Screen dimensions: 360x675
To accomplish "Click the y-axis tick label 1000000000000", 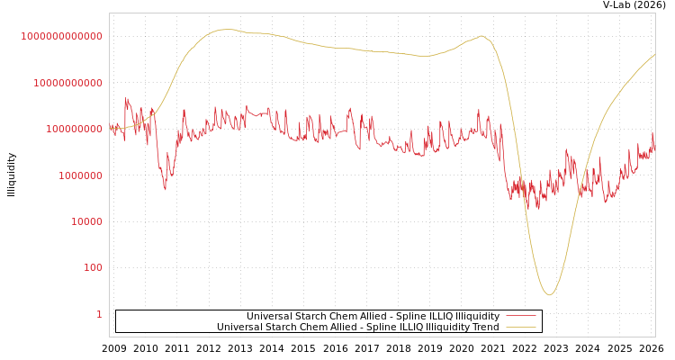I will (x=61, y=36).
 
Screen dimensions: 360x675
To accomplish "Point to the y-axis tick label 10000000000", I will (x=67, y=83).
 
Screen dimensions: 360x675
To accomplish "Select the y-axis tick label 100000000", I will (x=73, y=129).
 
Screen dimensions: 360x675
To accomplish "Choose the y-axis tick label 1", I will (x=99, y=314).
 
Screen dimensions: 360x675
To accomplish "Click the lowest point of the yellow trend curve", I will (x=549, y=294).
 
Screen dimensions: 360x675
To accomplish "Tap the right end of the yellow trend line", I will (x=654, y=54).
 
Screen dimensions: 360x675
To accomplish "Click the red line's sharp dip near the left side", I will (x=165, y=189).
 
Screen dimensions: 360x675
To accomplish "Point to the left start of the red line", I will (x=110, y=128).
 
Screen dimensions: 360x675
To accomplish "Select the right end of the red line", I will (x=654, y=148).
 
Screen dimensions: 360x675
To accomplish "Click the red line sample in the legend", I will (x=521, y=317).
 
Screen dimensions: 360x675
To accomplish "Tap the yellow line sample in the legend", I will (x=521, y=328).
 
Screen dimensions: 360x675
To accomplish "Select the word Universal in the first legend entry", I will (x=268, y=317).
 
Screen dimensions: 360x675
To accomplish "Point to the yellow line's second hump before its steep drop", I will (x=481, y=36).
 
